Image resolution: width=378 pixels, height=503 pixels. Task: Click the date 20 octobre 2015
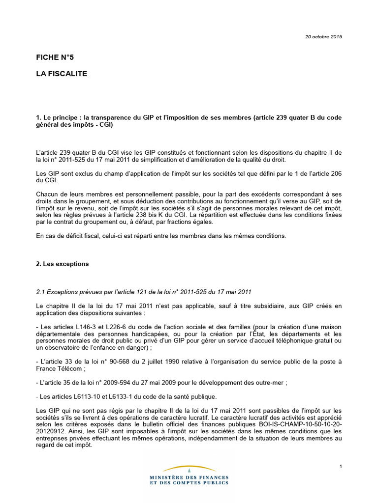click(323, 37)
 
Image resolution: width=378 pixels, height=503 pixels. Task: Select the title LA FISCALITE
click(62, 73)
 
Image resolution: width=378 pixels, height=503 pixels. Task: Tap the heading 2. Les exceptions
click(63, 264)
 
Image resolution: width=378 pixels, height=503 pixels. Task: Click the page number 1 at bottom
click(341, 466)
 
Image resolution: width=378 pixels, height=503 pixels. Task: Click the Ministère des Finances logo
click(189, 475)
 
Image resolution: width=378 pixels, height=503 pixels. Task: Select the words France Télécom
click(60, 368)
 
